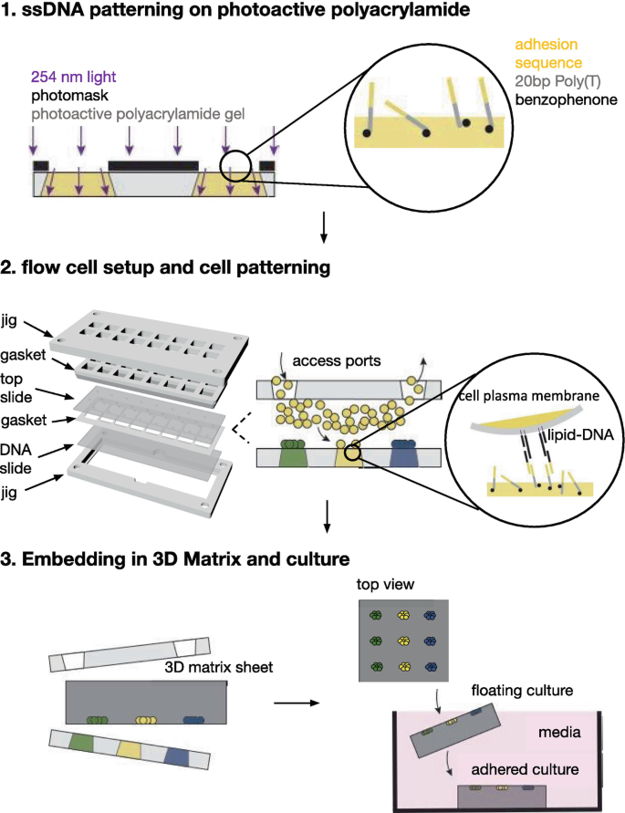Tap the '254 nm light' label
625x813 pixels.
click(x=73, y=78)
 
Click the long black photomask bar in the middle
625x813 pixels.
click(x=152, y=165)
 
